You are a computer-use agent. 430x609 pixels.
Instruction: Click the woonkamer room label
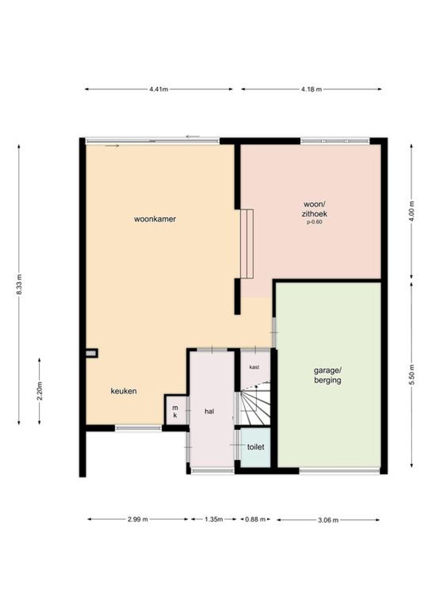coord(155,219)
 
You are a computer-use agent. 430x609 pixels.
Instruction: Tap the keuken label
coord(123,391)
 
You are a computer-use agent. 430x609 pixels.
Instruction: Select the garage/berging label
coord(328,375)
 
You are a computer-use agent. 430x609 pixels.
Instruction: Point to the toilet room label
coord(256,447)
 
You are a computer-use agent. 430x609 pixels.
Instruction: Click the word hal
coord(209,411)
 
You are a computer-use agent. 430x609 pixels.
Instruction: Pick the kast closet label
coord(254,367)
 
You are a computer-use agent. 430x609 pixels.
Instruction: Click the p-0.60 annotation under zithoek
coord(315,222)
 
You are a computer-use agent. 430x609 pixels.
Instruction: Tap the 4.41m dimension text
coord(159,89)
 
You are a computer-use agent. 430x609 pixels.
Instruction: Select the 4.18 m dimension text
coord(311,89)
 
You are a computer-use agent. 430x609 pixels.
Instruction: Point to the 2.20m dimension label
coord(40,391)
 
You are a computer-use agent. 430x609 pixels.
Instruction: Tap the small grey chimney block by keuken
coord(91,353)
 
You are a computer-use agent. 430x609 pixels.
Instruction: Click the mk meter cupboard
coord(176,411)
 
